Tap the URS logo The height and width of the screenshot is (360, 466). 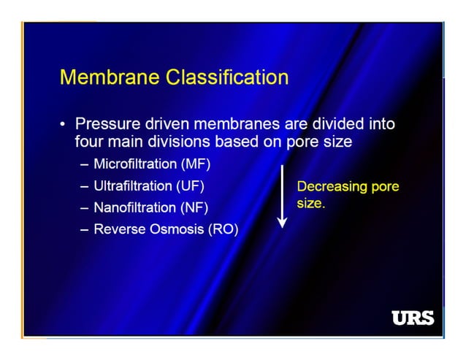click(413, 318)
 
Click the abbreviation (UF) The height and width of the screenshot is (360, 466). click(189, 185)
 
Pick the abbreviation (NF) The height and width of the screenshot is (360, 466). click(193, 207)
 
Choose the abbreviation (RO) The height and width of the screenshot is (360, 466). click(223, 229)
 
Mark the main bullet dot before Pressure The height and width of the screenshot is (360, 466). click(64, 125)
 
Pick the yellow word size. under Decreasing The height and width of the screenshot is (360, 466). click(310, 204)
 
